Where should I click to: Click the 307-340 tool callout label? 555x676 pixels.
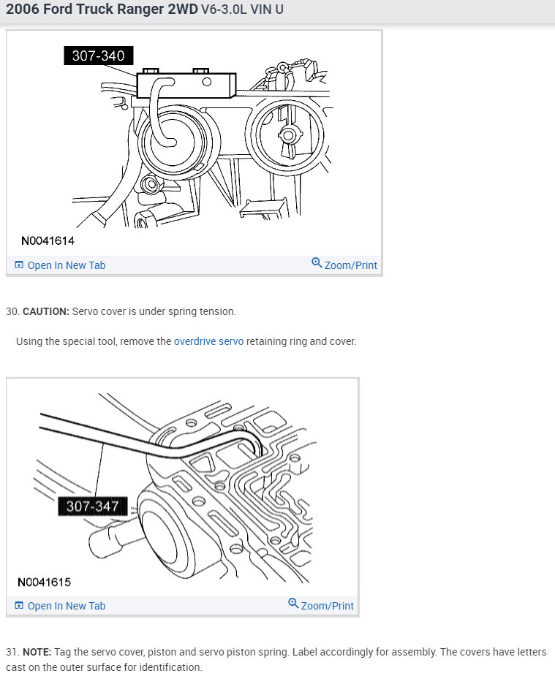pos(98,56)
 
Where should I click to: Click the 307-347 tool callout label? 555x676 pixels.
pos(92,506)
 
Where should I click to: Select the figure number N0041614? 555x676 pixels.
pos(48,240)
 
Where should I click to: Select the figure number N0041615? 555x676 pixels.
pos(44,582)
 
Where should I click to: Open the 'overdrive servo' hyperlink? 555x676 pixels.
pos(208,341)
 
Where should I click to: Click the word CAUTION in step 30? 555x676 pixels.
pos(46,311)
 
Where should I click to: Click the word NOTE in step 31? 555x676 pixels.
pos(36,651)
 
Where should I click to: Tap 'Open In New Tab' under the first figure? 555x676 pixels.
pos(66,265)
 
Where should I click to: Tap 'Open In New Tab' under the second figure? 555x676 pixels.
pos(66,606)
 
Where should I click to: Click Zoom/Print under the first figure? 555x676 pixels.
pos(350,265)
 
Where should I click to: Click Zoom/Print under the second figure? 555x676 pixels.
pos(327,606)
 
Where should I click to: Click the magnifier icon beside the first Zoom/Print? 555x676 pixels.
pos(317,263)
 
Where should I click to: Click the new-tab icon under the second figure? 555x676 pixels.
pos(20,606)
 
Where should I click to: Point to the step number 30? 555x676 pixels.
pos(12,311)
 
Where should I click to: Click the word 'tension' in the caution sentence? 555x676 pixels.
pos(217,311)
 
